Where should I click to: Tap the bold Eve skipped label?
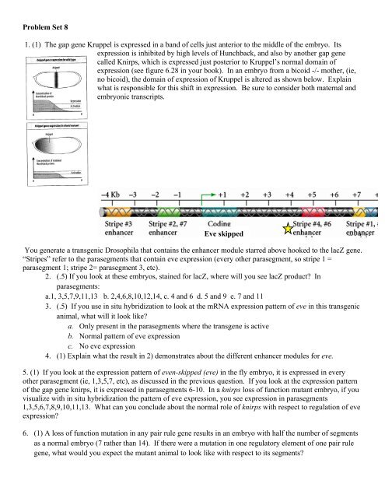225,233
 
